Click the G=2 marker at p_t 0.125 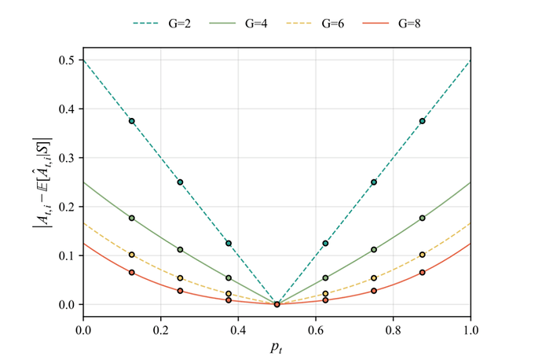[x=132, y=121]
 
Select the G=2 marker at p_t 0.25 [x=180, y=182]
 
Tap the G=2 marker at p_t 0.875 [x=423, y=121]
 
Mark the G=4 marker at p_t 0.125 [x=132, y=218]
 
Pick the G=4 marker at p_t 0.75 [x=374, y=250]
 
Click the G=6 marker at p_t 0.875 [x=423, y=255]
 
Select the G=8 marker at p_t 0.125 [x=132, y=273]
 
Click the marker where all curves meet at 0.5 [x=277, y=304]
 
